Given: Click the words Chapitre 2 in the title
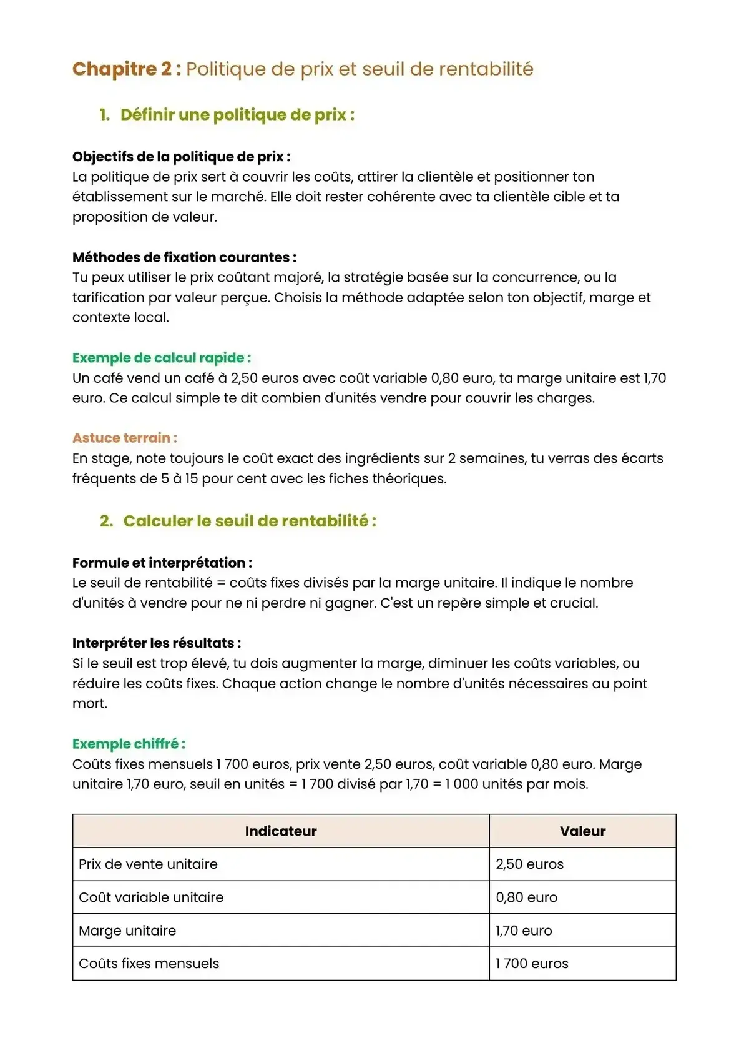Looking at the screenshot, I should pyautogui.click(x=122, y=69).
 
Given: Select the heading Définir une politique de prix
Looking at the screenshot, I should pyautogui.click(x=237, y=115).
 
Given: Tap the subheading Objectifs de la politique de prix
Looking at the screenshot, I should pyautogui.click(x=181, y=157).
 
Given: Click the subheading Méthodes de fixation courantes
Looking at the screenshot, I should pyautogui.click(x=184, y=257).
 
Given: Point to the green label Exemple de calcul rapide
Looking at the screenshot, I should pyautogui.click(x=161, y=358).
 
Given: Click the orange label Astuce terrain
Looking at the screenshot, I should pyautogui.click(x=124, y=438).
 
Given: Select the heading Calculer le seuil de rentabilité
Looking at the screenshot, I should pyautogui.click(x=250, y=521).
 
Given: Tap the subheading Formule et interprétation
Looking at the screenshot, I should pyautogui.click(x=162, y=563).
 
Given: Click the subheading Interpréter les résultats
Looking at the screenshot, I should pyautogui.click(x=156, y=643).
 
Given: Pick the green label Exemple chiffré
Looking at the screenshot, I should pyautogui.click(x=128, y=744).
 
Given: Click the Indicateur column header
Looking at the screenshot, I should pyautogui.click(x=281, y=831).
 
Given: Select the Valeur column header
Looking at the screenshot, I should pyautogui.click(x=582, y=831).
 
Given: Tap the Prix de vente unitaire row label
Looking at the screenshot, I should pyautogui.click(x=149, y=864).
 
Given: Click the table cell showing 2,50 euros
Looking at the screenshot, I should pyautogui.click(x=529, y=864).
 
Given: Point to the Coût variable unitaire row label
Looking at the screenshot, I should pyautogui.click(x=151, y=897).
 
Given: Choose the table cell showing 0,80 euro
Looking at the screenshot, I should pyautogui.click(x=526, y=897).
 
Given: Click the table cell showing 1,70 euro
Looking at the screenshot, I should pyautogui.click(x=524, y=931).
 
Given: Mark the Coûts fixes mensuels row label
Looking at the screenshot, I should pyautogui.click(x=149, y=964).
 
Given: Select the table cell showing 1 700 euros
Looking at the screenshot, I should pyautogui.click(x=532, y=964).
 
